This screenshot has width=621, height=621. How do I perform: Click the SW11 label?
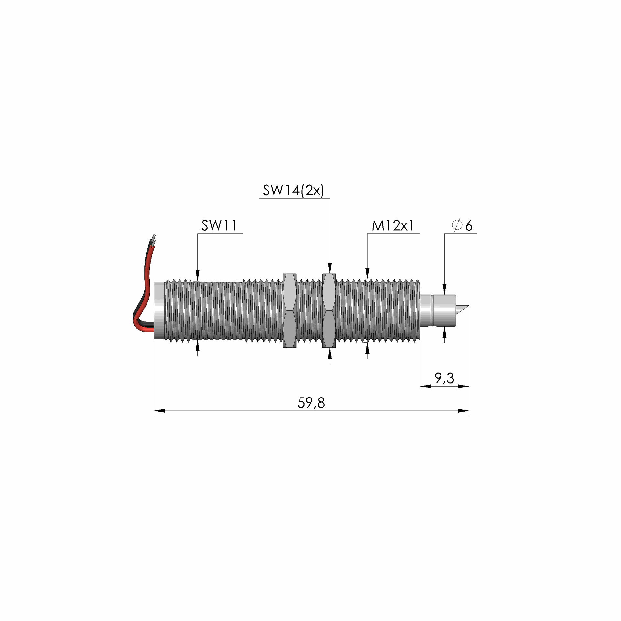pos(219,225)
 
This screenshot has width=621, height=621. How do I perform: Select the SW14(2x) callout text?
pos(293,190)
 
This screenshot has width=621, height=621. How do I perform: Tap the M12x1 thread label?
pos(393,225)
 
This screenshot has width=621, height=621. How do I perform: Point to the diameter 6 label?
pos(463,225)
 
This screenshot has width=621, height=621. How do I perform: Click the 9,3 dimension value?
pos(444,377)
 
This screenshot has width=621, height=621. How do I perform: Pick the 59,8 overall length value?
pos(311,403)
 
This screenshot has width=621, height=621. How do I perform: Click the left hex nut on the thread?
pos(289,311)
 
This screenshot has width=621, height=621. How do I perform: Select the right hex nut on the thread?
pos(329,311)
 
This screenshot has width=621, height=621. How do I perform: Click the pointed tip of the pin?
pos(468,305)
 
